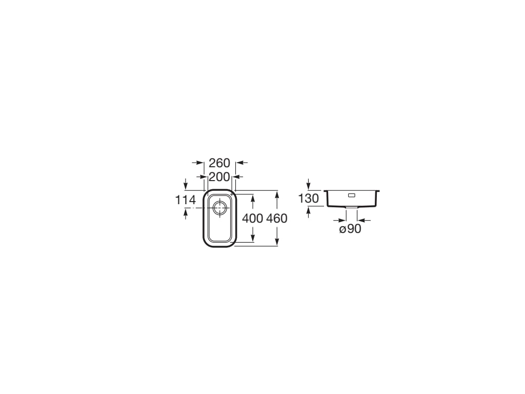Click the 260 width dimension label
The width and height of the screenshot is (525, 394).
[219, 163]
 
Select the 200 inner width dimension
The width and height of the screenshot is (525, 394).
[219, 176]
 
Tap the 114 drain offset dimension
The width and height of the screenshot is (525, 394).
[186, 200]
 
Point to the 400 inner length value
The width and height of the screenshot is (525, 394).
[252, 219]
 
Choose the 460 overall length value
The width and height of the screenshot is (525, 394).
[277, 219]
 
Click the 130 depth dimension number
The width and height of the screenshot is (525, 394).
[308, 199]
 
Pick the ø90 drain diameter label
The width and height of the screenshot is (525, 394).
[350, 229]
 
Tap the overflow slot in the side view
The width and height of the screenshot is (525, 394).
[352, 195]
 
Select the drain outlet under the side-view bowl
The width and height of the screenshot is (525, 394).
[351, 208]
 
